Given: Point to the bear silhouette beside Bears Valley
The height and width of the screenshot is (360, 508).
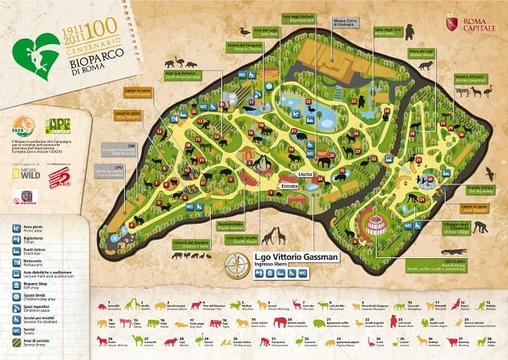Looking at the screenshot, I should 409,32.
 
